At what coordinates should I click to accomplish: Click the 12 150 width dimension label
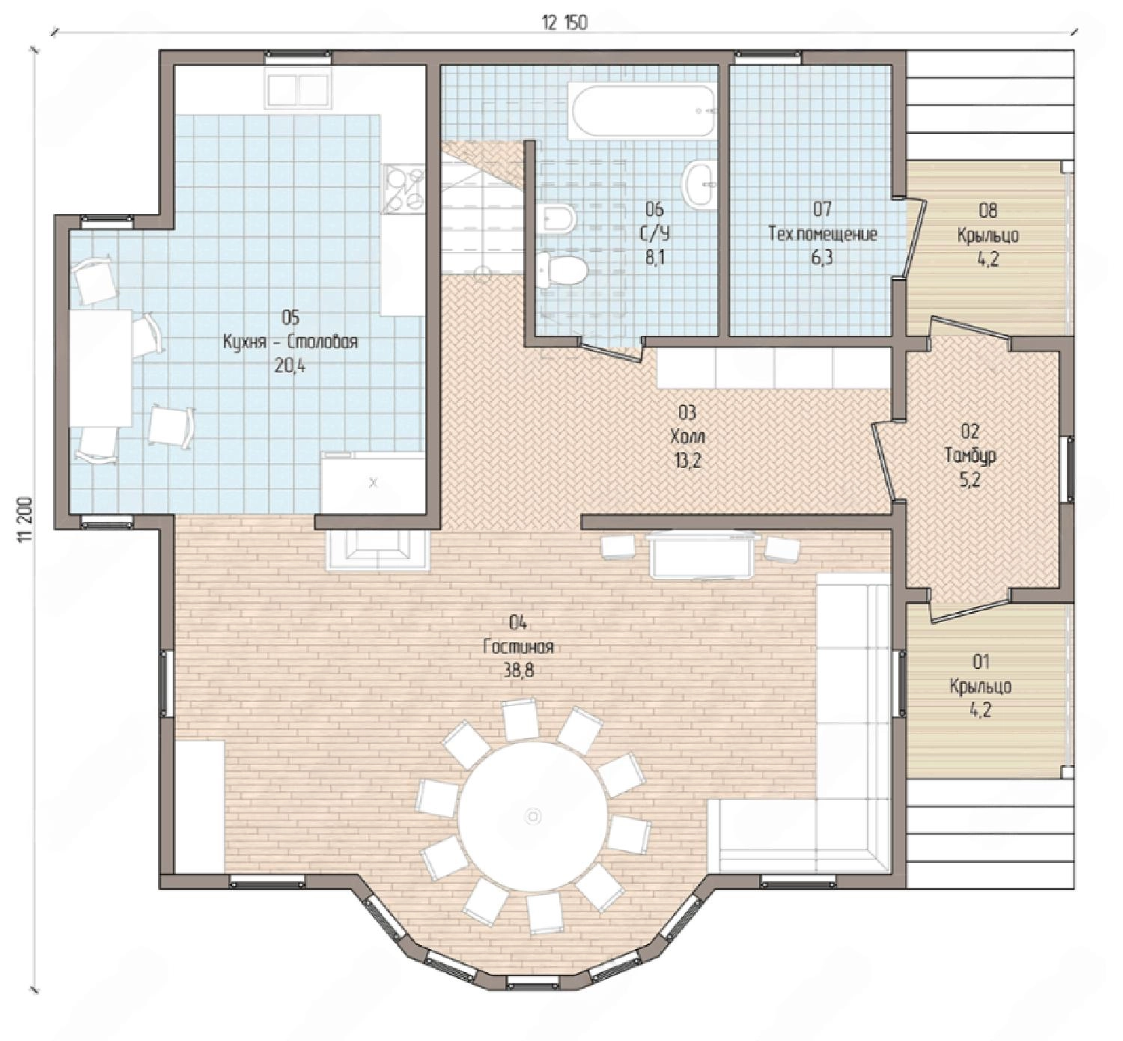tap(564, 22)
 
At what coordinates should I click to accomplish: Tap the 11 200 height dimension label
tap(26, 520)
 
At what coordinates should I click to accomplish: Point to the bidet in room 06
tap(558, 219)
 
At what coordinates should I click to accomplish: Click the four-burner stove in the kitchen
tap(404, 190)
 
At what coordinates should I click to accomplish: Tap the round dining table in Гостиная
tap(532, 816)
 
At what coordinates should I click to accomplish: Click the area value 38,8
tap(518, 671)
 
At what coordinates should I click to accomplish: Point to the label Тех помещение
tap(823, 233)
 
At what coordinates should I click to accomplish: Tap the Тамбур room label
tap(970, 456)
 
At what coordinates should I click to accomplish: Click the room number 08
tap(987, 211)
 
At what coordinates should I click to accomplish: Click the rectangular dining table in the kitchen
tap(100, 368)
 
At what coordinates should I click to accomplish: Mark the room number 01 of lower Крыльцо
tap(981, 661)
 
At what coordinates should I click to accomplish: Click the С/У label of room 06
tap(655, 233)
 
